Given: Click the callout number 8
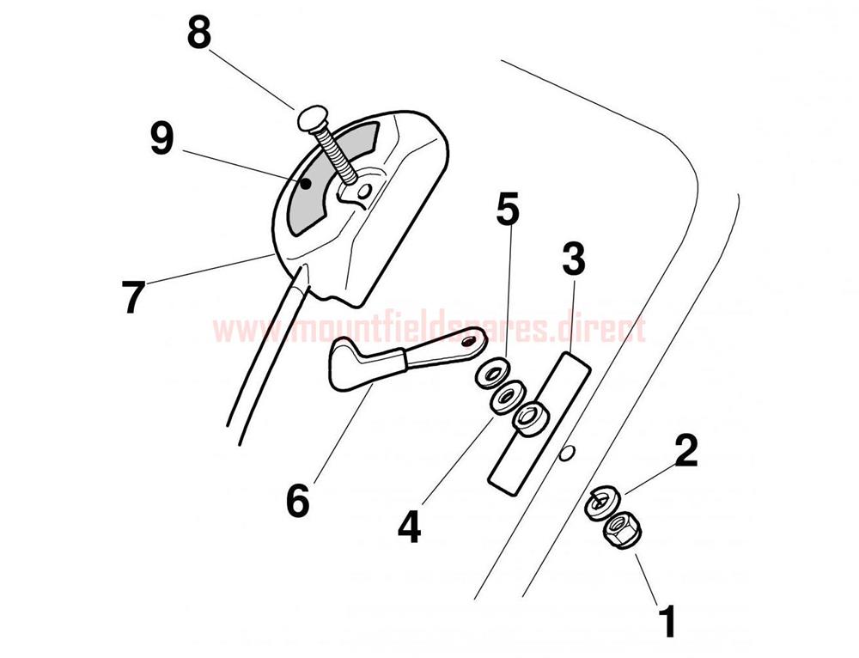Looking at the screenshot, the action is (x=199, y=33).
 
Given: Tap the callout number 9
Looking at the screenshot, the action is (x=162, y=138).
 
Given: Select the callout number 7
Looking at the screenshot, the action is (x=134, y=298).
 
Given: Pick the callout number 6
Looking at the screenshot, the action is (x=298, y=500).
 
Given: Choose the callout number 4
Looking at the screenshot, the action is (x=409, y=527).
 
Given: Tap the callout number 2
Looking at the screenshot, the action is (x=686, y=452).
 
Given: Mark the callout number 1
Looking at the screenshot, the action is (x=667, y=621).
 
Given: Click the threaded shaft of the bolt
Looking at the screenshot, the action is (x=338, y=156).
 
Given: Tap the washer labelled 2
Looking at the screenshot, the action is (x=601, y=502).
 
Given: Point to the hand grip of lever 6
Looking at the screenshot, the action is (x=363, y=363).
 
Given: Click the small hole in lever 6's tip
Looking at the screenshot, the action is (x=468, y=342).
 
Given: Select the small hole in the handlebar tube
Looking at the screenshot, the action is (x=567, y=453).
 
